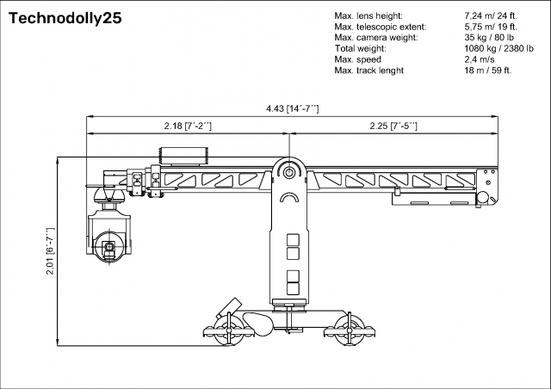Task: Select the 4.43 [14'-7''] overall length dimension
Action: coord(292,108)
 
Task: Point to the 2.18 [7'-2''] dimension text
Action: coord(188,126)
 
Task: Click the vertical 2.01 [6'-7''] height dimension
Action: coord(50,250)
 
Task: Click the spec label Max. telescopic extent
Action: coord(380,28)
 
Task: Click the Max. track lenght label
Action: coord(371,71)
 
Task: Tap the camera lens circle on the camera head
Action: coord(108,248)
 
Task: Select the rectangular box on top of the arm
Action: coord(183,156)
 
